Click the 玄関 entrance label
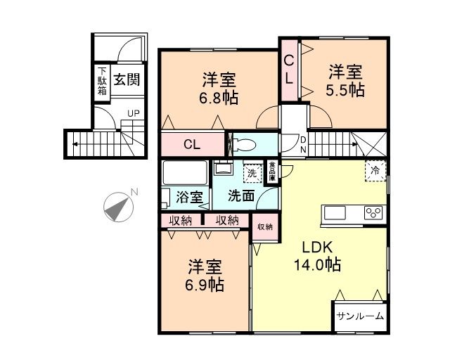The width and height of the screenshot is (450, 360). pyautogui.click(x=127, y=79)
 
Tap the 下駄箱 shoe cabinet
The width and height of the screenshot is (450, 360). pyautogui.click(x=103, y=81)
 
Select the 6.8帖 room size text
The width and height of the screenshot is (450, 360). pyautogui.click(x=219, y=97)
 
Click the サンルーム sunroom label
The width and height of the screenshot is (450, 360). pyautogui.click(x=359, y=316)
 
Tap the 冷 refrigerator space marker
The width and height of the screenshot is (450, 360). pyautogui.click(x=375, y=170)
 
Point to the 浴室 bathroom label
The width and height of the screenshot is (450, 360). pyautogui.click(x=190, y=198)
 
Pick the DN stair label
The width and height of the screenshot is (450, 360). pyautogui.click(x=303, y=146)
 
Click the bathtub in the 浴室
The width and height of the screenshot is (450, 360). pyautogui.click(x=185, y=173)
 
